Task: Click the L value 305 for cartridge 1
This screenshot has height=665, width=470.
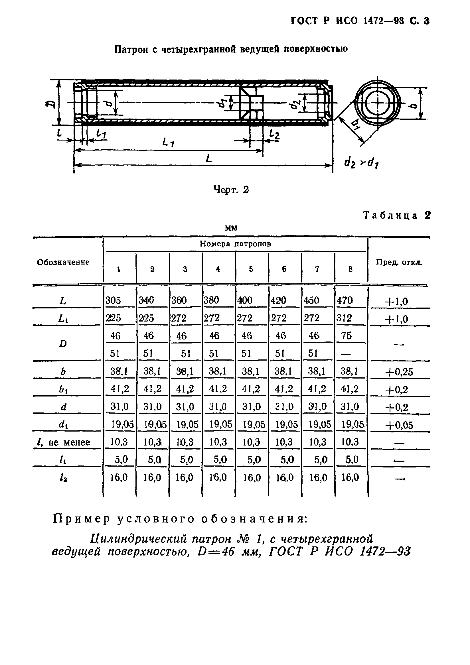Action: click(113, 300)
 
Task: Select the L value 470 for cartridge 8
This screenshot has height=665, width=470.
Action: click(345, 300)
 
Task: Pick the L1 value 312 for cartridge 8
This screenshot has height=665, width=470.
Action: click(344, 318)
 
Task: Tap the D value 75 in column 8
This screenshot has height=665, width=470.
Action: click(346, 336)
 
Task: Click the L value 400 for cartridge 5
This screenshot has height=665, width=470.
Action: click(245, 300)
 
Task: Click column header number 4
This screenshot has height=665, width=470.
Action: click(218, 269)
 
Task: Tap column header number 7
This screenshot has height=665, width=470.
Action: click(317, 269)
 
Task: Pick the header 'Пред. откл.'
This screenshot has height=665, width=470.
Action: click(399, 263)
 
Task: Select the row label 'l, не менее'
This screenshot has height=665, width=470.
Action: click(62, 442)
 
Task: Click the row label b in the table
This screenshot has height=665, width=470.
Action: click(63, 372)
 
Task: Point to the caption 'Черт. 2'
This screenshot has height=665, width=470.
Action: click(231, 190)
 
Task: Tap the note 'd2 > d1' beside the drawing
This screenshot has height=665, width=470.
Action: click(361, 164)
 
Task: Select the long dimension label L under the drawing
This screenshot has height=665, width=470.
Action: click(208, 158)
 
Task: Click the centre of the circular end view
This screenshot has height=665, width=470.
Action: click(378, 103)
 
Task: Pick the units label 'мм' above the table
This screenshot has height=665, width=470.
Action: click(231, 228)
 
